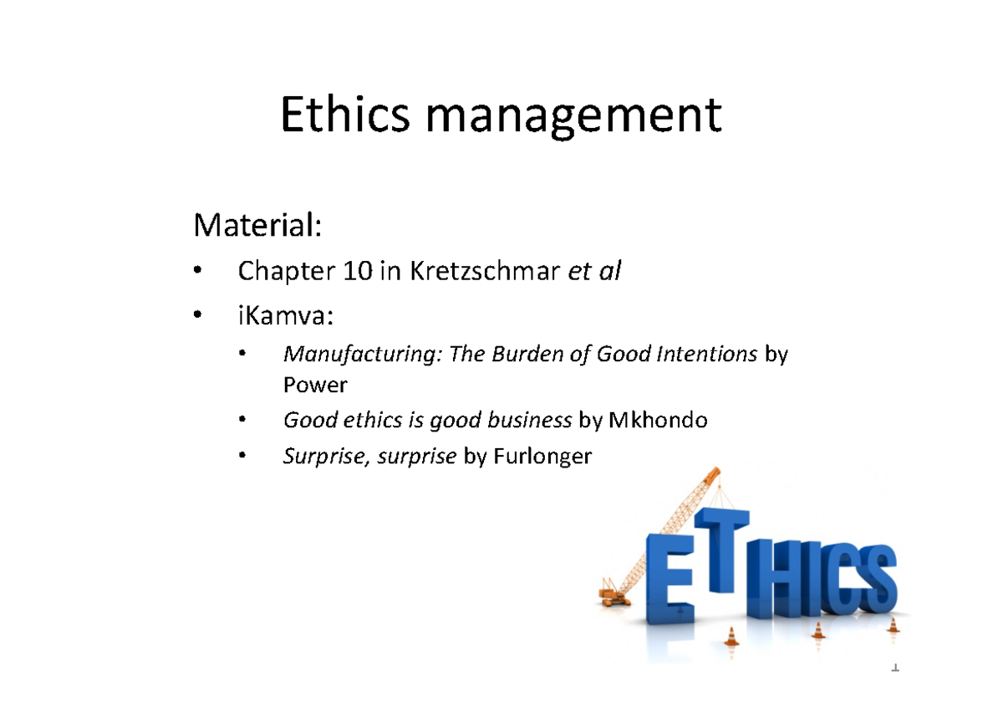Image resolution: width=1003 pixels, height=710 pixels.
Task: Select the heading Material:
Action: (257, 225)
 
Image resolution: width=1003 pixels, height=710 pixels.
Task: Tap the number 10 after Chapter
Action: (355, 271)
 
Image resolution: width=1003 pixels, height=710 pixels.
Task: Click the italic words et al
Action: (594, 271)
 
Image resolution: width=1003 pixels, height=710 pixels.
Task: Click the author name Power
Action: (315, 385)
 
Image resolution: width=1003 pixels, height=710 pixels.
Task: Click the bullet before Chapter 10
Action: (197, 271)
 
